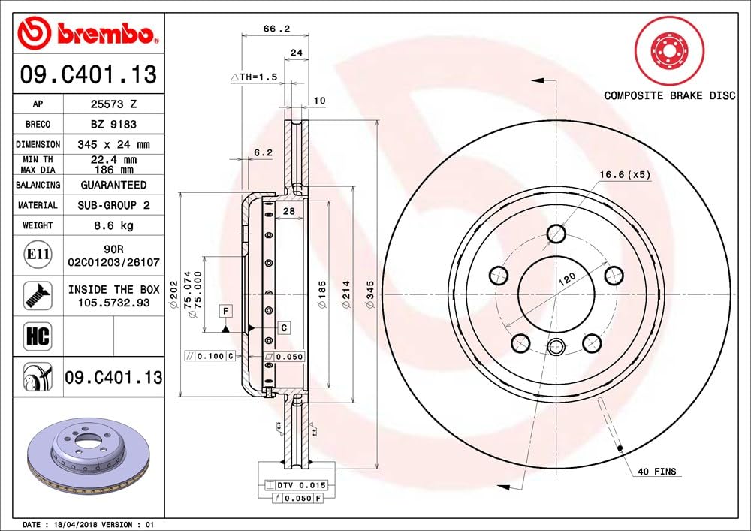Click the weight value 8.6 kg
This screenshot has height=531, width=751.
pyautogui.click(x=113, y=225)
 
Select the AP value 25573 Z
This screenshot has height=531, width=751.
pyautogui.click(x=113, y=104)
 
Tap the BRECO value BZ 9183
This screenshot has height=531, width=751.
pyautogui.click(x=113, y=125)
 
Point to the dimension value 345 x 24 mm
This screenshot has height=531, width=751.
pyautogui.click(x=113, y=145)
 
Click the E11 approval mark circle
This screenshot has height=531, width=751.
pyautogui.click(x=38, y=255)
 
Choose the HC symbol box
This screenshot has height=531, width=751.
pyautogui.click(x=38, y=336)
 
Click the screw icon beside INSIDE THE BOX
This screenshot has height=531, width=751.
pyautogui.click(x=38, y=295)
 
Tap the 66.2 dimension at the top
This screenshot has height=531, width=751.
pyautogui.click(x=276, y=29)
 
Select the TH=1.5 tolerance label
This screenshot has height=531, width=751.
pyautogui.click(x=254, y=77)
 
